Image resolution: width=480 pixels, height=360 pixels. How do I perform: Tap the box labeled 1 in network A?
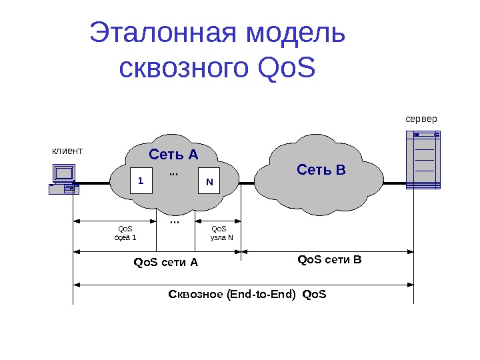point(141,181)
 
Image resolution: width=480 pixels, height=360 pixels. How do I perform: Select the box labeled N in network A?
point(209,181)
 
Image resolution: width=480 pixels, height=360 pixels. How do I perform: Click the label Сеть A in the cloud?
point(173,155)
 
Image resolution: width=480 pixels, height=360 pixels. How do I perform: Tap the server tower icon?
point(423,160)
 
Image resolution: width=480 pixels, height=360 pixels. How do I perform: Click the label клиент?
point(67,151)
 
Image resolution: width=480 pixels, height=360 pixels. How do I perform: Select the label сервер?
point(421,119)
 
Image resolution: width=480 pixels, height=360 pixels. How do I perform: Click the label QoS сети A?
point(166,262)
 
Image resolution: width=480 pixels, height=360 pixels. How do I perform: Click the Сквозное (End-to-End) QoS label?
point(247,294)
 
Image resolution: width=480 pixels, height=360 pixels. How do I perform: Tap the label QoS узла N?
point(221,233)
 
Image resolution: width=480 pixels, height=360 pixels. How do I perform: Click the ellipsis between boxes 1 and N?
point(174,173)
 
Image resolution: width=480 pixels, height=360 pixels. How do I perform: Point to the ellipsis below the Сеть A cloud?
point(175,221)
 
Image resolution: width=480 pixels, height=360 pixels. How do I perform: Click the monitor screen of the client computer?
point(64,173)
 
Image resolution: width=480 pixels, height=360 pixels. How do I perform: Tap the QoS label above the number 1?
point(125,229)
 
